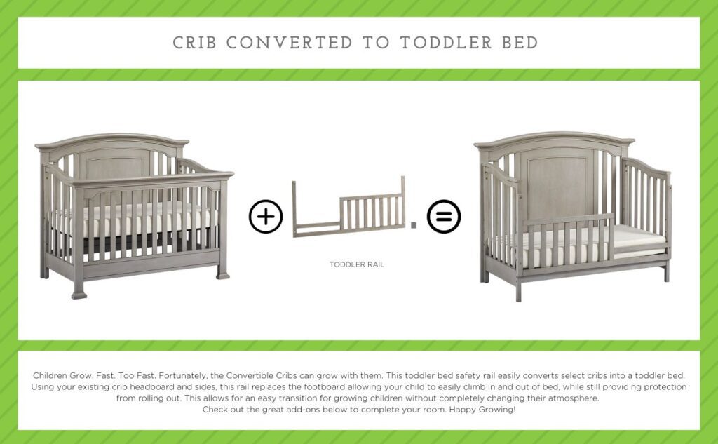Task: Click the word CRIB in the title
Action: point(194,43)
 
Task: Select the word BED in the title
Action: point(520,43)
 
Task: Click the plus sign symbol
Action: point(266,217)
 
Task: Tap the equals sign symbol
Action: point(443,217)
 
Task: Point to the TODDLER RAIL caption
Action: point(357,265)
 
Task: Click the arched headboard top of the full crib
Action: point(112,140)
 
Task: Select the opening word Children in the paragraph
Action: point(50,376)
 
